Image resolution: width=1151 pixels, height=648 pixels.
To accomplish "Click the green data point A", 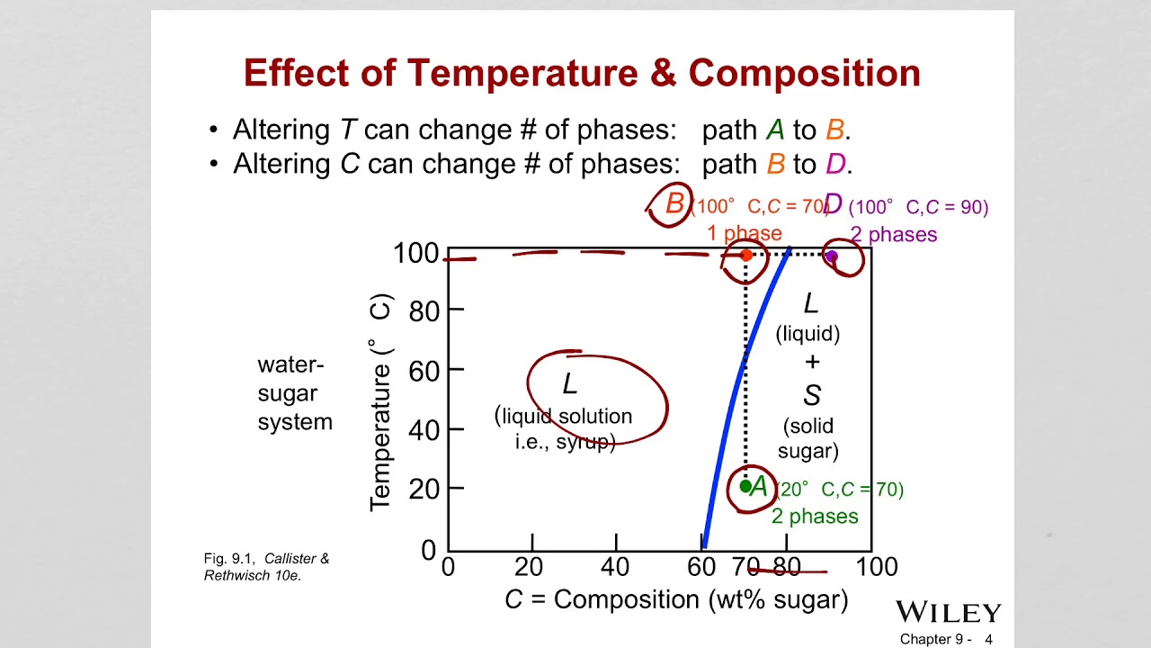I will [745, 487].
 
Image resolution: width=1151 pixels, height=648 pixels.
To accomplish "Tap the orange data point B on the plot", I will [745, 256].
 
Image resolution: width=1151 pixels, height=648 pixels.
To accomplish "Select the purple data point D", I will [832, 256].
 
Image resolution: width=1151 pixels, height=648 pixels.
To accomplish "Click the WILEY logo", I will [948, 613].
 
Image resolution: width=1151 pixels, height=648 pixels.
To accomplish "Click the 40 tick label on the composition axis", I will [616, 567].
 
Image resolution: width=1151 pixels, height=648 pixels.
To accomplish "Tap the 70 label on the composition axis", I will [746, 567].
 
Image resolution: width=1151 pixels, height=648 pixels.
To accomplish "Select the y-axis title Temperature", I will [381, 401].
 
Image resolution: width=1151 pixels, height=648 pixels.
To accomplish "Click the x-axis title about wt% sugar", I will [676, 599].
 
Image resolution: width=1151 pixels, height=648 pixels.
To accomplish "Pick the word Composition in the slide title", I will [805, 73].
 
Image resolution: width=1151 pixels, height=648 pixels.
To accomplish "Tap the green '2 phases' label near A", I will [815, 517].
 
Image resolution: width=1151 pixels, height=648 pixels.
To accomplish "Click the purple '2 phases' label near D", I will [894, 235].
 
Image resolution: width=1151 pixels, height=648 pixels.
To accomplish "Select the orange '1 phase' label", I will [744, 234].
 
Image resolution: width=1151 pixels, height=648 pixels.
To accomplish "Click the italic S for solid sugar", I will [811, 395].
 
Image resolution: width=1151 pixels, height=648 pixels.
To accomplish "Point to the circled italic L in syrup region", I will [569, 385].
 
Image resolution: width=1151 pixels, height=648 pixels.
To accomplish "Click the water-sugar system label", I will [295, 393].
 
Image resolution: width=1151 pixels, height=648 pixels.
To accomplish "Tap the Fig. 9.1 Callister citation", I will [267, 567].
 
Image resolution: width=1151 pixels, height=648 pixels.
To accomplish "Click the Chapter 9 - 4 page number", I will [946, 639].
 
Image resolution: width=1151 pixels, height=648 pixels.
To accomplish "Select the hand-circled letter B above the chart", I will [674, 204].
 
